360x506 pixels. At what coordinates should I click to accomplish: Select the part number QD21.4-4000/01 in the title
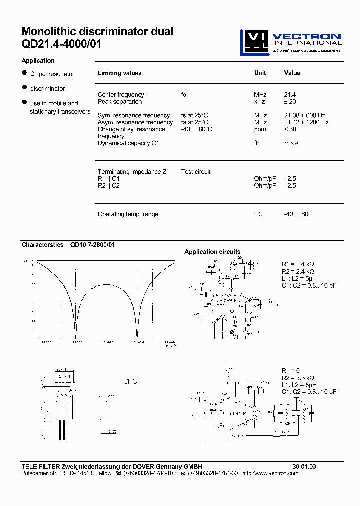tap(61, 44)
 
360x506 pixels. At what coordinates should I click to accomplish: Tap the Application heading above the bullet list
tap(38, 61)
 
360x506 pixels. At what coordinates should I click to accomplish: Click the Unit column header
tap(260, 73)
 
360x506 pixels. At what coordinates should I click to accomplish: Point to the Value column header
tap(292, 73)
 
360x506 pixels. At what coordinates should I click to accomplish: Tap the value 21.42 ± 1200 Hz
tap(306, 122)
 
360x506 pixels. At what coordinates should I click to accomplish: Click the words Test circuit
tap(196, 172)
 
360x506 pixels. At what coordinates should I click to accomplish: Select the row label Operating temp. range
tap(128, 214)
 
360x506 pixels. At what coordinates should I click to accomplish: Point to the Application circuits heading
tap(212, 252)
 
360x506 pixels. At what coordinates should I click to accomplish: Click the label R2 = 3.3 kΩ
tap(298, 378)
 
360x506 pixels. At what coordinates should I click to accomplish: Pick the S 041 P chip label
tap(237, 414)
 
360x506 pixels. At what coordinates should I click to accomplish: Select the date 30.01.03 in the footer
tap(304, 466)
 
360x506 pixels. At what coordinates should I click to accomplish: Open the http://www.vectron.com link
tap(270, 473)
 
